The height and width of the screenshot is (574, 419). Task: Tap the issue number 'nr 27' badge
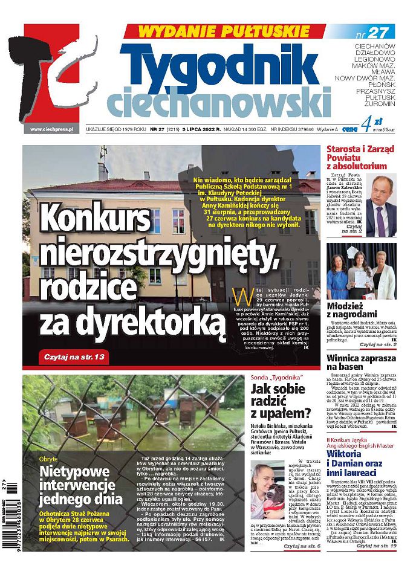(x=378, y=32)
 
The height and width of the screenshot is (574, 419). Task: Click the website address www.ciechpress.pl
(x=51, y=129)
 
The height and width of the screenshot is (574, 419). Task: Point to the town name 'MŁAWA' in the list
(x=382, y=71)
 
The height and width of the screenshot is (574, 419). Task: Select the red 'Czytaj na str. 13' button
(x=75, y=357)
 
